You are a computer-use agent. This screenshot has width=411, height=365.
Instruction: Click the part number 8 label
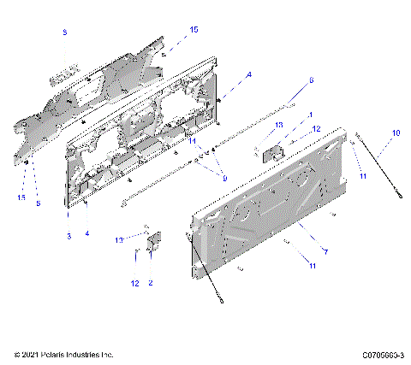64,32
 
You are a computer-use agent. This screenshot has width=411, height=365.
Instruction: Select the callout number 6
311,80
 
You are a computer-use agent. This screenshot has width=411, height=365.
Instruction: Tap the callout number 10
396,132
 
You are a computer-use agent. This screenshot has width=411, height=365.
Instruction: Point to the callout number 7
325,251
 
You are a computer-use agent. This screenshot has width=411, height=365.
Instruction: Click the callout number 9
224,178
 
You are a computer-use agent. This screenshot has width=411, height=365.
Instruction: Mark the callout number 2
151,281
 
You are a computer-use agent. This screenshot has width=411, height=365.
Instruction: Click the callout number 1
309,115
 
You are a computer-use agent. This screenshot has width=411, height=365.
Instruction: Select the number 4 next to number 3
86,233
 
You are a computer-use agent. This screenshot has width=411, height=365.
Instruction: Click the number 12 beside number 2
135,281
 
